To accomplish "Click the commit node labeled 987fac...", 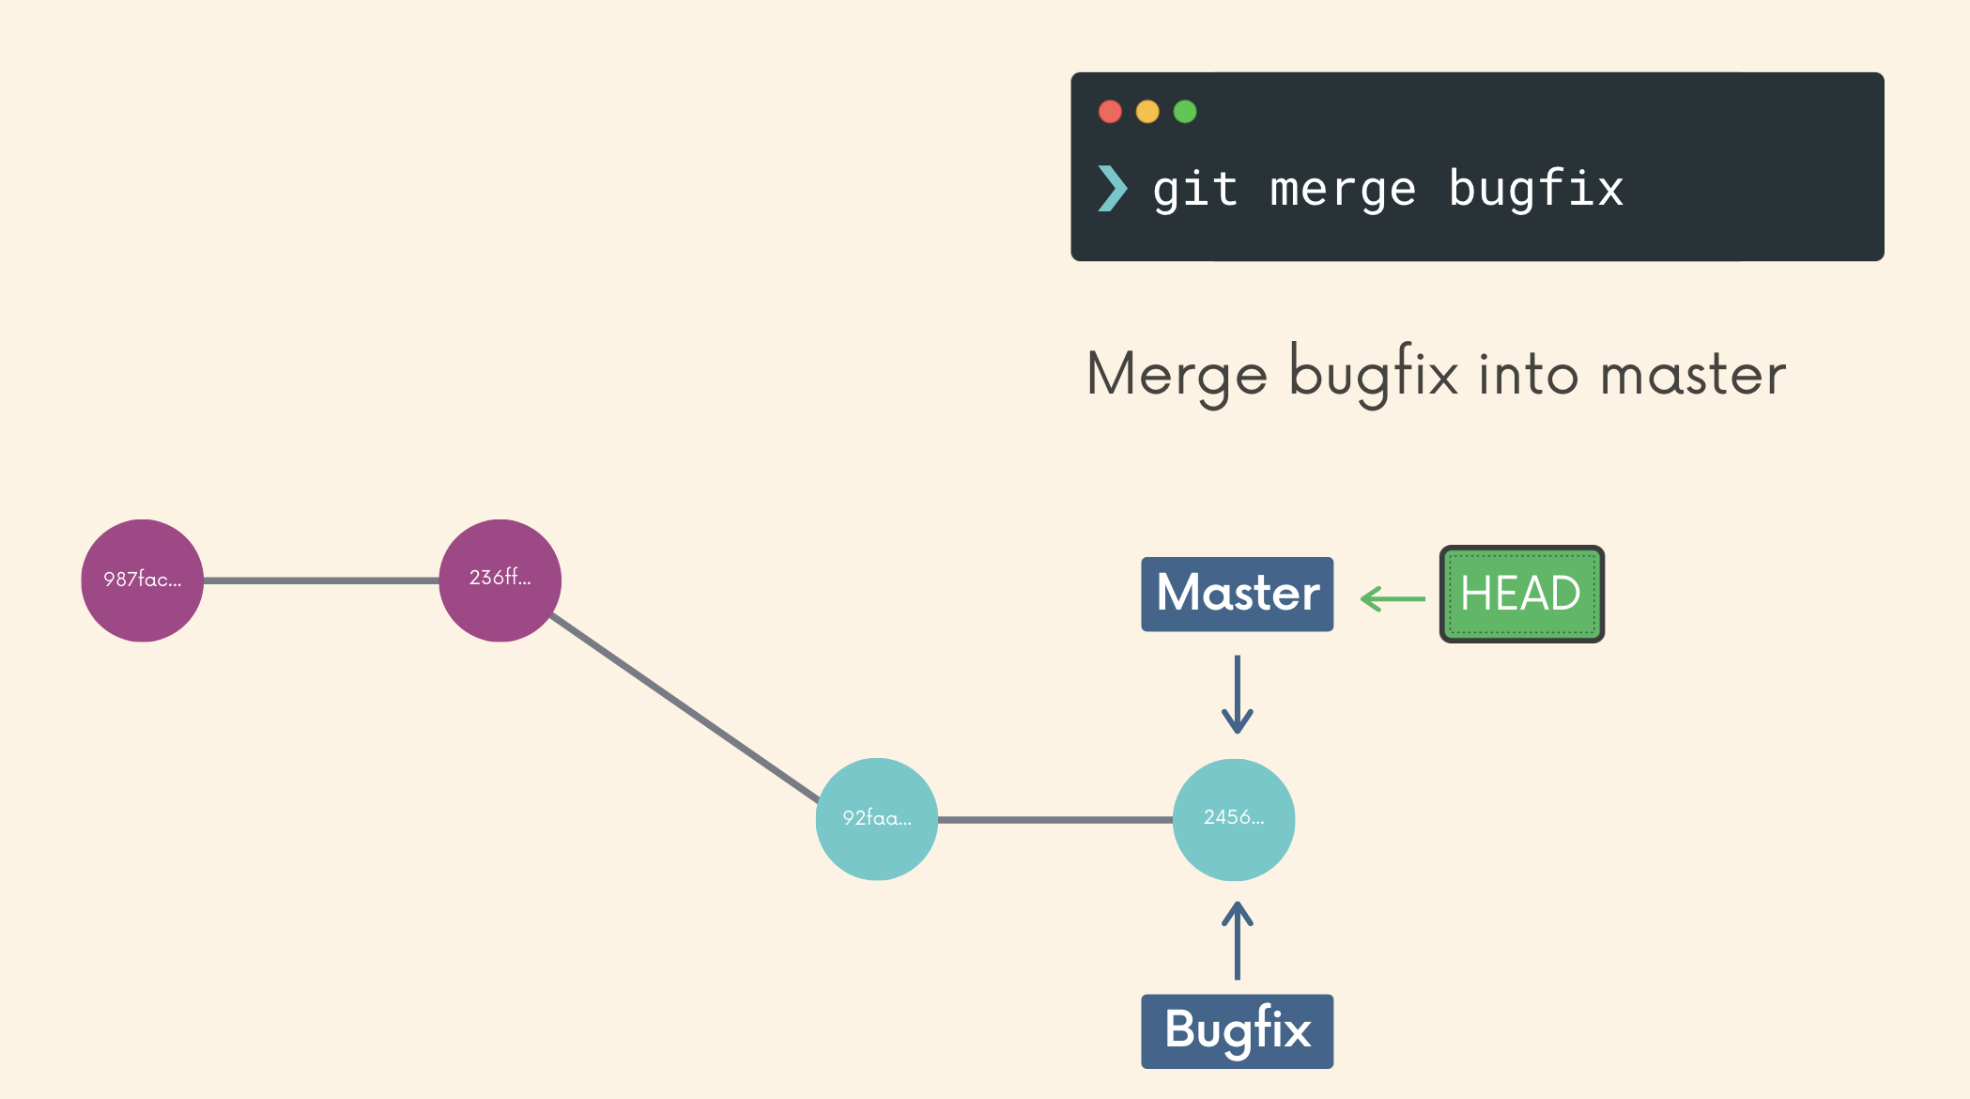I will (x=142, y=580).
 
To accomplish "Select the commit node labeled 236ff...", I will (x=500, y=580).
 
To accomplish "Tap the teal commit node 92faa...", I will (x=876, y=819).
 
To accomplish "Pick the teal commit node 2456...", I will (x=1234, y=819).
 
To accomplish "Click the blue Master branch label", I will (x=1237, y=594).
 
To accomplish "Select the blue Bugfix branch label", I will (x=1237, y=1030).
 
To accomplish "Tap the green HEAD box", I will (x=1521, y=594).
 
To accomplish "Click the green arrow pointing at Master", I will (x=1393, y=598).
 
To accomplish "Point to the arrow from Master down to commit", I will (x=1237, y=695).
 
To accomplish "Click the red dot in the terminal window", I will (x=1110, y=112).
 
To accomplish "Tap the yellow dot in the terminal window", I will (x=1147, y=112).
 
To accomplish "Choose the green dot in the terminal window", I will (x=1185, y=112).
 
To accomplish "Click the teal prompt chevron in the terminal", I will (x=1112, y=188).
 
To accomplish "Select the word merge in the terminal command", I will (x=1343, y=190).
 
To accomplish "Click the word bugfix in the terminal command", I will (x=1536, y=188).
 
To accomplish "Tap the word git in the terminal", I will (x=1194, y=190).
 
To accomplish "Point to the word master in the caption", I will (x=1693, y=375).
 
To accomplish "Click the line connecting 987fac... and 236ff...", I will (x=321, y=580).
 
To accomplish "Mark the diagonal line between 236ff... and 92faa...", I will (x=685, y=708).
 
